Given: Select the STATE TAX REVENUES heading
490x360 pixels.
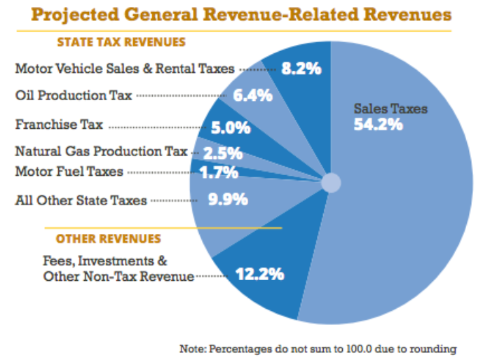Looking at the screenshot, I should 121,42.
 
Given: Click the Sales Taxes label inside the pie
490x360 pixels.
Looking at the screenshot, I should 390,109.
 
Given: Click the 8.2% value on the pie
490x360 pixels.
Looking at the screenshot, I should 301,69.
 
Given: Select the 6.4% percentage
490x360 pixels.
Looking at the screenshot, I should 252,95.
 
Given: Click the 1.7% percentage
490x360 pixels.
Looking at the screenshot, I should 219,171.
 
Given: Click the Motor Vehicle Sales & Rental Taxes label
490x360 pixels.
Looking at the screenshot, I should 125,69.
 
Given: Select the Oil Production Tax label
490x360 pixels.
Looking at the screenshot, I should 74,95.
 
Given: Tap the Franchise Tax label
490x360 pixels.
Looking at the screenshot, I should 59,125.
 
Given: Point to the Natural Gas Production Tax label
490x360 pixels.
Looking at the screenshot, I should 101,151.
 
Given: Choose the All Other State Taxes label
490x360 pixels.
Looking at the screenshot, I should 81,200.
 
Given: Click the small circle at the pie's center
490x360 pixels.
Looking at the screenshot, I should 330,183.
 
